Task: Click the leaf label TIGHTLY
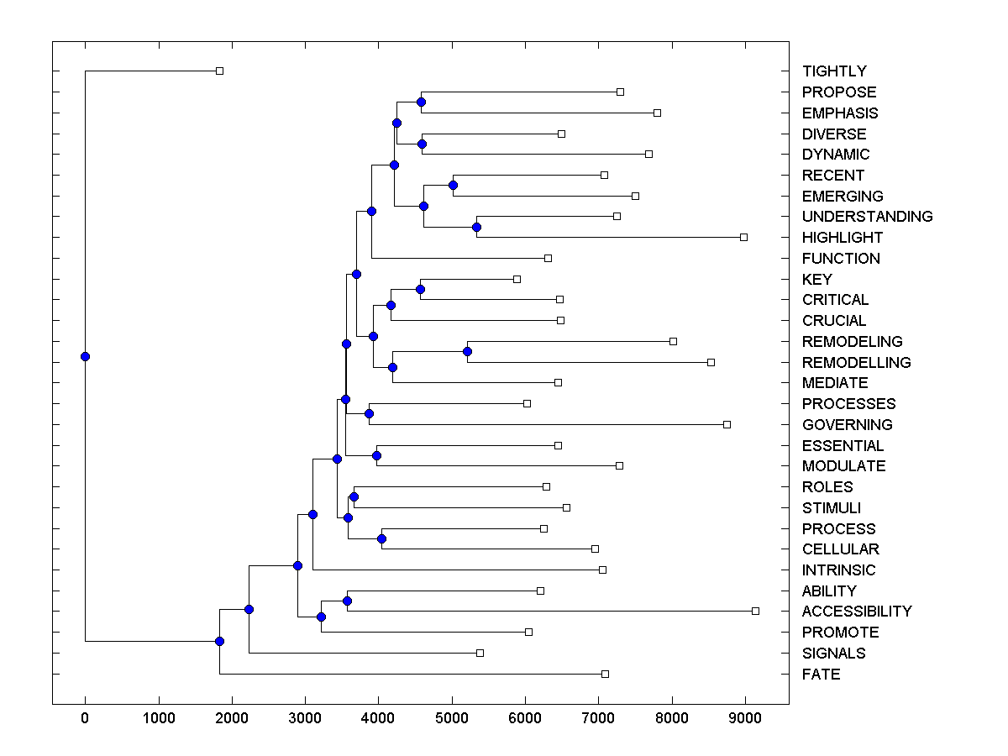tap(833, 71)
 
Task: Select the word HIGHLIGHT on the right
tap(842, 238)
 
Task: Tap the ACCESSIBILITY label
tap(856, 612)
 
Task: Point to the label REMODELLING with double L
tap(856, 363)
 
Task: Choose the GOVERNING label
tap(847, 425)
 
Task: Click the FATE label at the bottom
tap(821, 675)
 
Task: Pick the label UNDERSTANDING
tap(867, 217)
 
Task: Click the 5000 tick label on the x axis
tap(452, 717)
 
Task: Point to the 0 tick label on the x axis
tap(85, 717)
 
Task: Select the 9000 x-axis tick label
tap(745, 717)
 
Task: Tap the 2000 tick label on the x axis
tap(232, 717)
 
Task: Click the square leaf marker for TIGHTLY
tap(219, 71)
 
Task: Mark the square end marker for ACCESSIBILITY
tap(755, 611)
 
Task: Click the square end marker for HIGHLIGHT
tap(743, 237)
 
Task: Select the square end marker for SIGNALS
tap(480, 653)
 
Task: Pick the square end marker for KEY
tap(517, 279)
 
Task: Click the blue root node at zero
tap(85, 356)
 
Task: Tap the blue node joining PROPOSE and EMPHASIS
tap(421, 102)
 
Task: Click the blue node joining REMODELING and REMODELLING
tap(467, 351)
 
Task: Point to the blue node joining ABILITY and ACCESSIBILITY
tap(347, 601)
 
